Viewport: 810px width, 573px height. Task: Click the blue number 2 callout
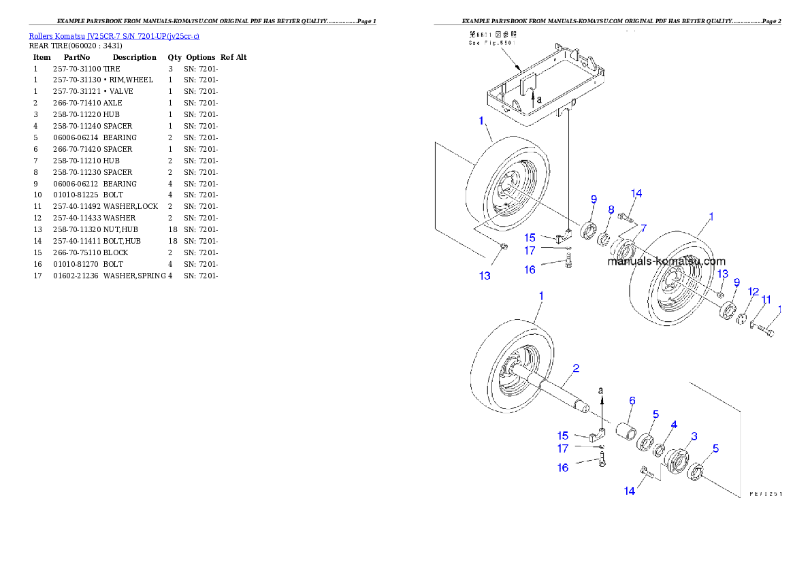576,369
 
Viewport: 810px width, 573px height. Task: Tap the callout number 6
632,402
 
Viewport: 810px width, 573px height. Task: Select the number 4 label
674,425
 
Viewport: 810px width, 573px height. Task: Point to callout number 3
694,436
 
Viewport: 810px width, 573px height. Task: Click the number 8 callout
611,210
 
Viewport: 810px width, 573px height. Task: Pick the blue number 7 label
643,227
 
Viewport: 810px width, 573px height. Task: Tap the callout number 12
754,291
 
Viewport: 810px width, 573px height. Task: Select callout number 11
766,299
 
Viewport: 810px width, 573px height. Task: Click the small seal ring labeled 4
660,451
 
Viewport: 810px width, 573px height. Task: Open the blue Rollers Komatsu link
114,36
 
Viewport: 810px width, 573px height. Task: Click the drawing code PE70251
765,495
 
